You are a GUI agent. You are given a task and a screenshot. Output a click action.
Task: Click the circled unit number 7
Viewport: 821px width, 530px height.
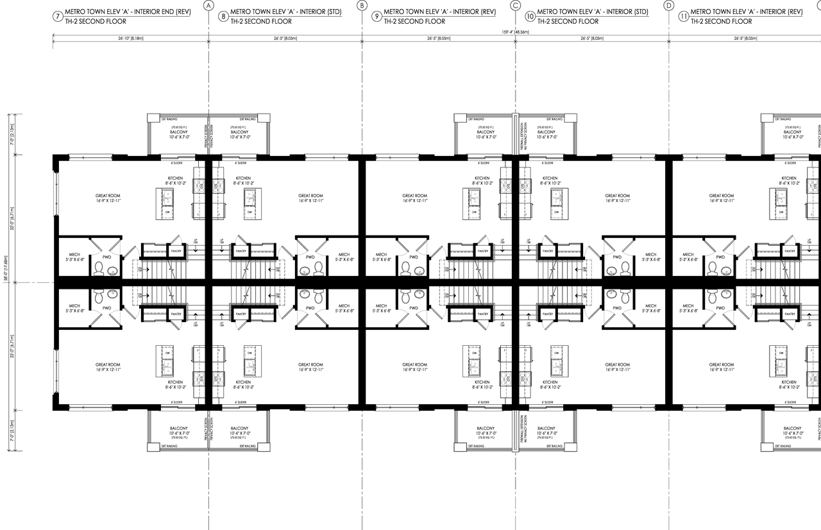coord(58,16)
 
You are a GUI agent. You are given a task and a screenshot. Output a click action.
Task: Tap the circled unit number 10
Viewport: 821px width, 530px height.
coord(530,16)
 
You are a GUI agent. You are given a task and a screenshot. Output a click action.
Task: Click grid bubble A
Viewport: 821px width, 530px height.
coord(208,6)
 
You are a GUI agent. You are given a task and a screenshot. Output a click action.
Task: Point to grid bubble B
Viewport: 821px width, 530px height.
coord(362,6)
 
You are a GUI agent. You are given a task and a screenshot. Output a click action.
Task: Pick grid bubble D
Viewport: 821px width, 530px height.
coord(669,6)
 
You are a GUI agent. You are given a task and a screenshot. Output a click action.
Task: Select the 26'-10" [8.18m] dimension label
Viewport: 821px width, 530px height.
coord(130,38)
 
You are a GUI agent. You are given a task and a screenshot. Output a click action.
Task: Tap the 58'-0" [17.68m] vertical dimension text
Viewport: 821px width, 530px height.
coord(6,282)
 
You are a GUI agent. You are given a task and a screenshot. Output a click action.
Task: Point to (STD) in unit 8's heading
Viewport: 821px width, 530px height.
coord(332,12)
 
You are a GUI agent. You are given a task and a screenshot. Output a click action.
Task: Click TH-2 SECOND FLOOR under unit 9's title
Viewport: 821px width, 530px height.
coord(414,21)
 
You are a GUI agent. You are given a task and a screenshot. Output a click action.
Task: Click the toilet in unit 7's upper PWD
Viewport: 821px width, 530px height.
coord(99,269)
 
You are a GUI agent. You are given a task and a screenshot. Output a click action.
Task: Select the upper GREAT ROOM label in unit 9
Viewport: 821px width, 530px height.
coord(414,198)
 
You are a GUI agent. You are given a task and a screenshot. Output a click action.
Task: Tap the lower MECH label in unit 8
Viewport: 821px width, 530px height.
coord(344,309)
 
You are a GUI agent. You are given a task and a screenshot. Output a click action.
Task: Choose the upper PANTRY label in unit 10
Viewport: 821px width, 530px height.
coord(548,251)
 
